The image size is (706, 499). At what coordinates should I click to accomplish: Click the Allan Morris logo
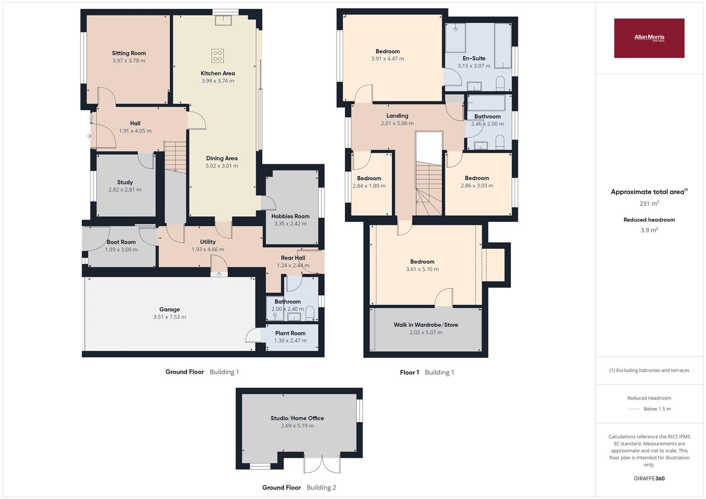pyautogui.click(x=649, y=38)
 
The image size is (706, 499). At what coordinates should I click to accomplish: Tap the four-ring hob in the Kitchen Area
pyautogui.click(x=217, y=56)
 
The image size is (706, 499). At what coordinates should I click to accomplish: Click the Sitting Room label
pyautogui.click(x=129, y=53)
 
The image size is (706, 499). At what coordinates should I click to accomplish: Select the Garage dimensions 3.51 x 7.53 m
pyautogui.click(x=170, y=317)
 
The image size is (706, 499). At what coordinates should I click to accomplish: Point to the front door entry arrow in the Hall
pyautogui.click(x=89, y=136)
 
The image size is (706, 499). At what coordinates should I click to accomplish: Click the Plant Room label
pyautogui.click(x=290, y=333)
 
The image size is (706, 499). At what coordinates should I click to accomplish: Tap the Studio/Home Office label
pyautogui.click(x=297, y=418)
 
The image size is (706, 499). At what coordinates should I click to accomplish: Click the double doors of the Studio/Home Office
pyautogui.click(x=322, y=465)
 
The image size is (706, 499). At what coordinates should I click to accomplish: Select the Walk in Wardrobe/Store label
pyautogui.click(x=426, y=325)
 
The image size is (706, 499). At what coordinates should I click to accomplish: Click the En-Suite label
pyautogui.click(x=474, y=58)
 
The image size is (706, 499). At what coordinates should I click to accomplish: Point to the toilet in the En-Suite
pyautogui.click(x=500, y=84)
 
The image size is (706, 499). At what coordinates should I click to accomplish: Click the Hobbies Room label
pyautogui.click(x=290, y=216)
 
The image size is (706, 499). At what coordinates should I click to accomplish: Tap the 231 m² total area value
pyautogui.click(x=649, y=203)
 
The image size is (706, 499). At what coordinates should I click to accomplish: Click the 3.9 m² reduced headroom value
pyautogui.click(x=649, y=230)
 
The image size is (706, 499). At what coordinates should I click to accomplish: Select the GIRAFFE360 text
pyautogui.click(x=649, y=478)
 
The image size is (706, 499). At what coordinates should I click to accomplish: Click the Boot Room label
pyautogui.click(x=121, y=242)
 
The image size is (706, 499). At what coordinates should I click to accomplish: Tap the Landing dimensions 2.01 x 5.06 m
pyautogui.click(x=397, y=123)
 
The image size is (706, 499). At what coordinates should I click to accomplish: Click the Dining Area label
pyautogui.click(x=222, y=158)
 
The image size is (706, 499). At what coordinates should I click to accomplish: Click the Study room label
pyautogui.click(x=125, y=183)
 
